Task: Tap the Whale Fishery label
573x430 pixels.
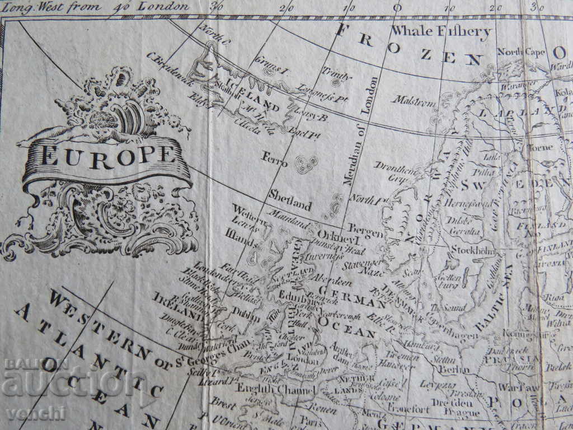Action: [442, 31]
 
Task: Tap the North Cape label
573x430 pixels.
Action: [521, 52]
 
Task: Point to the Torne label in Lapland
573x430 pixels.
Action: [541, 148]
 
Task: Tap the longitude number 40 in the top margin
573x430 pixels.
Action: [118, 7]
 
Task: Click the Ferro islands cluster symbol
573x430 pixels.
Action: [306, 164]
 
